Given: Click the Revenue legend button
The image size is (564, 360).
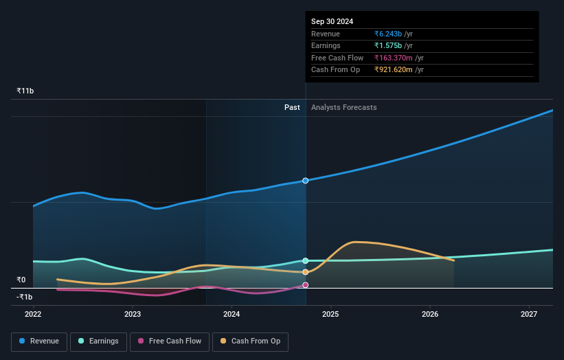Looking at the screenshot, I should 39,341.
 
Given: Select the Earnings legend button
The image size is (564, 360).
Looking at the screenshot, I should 98,341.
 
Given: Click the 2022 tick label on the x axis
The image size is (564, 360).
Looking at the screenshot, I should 33,314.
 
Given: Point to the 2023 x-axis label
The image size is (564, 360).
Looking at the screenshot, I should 133,314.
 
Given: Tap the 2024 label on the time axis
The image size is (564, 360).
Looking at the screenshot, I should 232,314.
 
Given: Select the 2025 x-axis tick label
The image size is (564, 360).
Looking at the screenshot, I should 331,314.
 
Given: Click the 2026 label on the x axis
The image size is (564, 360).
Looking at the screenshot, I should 430,314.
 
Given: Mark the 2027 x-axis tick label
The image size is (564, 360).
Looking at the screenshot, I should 530,314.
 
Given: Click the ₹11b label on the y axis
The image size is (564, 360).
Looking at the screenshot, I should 25,91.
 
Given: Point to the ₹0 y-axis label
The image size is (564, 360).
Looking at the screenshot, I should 21,280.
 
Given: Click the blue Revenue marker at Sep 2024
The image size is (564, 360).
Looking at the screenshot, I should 306,181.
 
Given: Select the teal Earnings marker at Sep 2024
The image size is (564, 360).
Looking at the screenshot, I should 306,261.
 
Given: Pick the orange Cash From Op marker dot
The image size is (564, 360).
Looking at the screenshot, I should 306,272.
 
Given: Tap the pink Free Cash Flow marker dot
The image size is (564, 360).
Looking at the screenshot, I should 306,285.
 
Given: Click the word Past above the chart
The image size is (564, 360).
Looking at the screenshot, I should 292,107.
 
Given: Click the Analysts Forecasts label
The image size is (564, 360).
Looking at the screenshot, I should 343,107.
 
